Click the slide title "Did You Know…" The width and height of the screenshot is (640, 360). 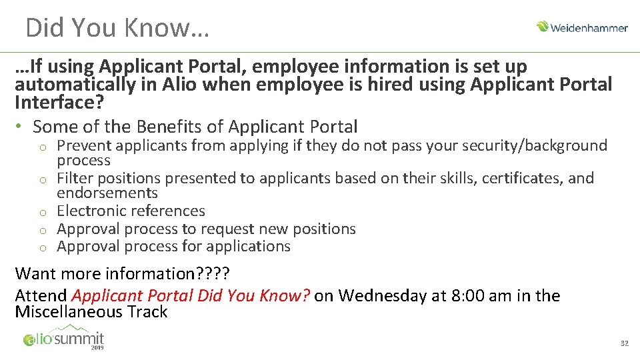click(x=117, y=27)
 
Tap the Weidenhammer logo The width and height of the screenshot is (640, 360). click(x=582, y=27)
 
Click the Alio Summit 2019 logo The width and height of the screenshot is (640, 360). click(x=64, y=339)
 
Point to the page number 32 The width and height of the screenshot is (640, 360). click(x=624, y=343)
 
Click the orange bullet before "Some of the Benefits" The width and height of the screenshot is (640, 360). click(x=20, y=127)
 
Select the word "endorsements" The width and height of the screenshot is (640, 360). click(x=107, y=193)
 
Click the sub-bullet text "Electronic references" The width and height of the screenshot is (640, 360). click(x=131, y=211)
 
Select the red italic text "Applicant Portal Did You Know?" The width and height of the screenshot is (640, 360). click(x=191, y=296)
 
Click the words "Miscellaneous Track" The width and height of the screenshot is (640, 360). click(x=91, y=312)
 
